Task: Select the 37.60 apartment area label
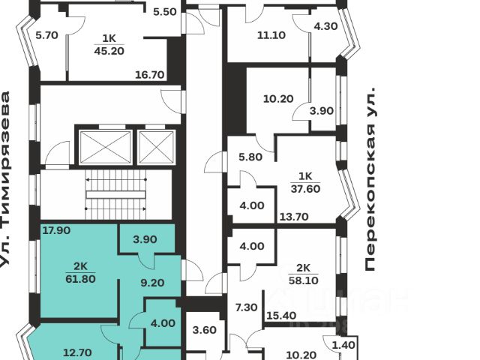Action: tap(305, 190)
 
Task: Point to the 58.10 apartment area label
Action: tap(304, 280)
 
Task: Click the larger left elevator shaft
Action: tap(105, 147)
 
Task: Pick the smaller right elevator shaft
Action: tap(157, 147)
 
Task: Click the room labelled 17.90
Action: tap(57, 230)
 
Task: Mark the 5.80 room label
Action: tap(250, 158)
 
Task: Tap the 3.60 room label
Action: tap(205, 329)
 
